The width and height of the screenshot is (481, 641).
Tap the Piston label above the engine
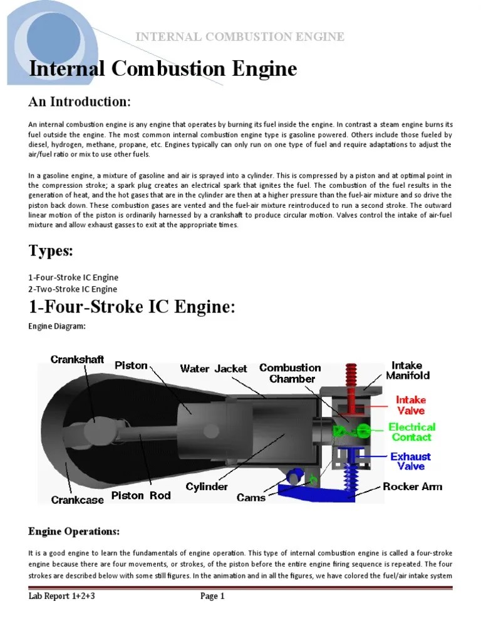coord(132,365)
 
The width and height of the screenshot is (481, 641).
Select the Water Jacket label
coord(214,369)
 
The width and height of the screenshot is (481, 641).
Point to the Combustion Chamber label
coord(290,373)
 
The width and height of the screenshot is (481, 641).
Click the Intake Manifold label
coord(408,370)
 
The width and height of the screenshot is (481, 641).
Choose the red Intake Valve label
coord(410,405)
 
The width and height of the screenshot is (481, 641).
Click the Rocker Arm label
coord(412,486)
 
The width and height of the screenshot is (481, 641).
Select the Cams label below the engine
coord(251,498)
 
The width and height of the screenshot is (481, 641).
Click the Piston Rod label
coord(137,496)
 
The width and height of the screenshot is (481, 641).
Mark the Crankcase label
coord(78,500)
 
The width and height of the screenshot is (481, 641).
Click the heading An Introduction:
coord(80,102)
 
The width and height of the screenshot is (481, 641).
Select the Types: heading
coord(51,251)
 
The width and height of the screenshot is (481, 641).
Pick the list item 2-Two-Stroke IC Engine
coord(73,289)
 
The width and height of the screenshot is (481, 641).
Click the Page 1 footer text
coord(212,596)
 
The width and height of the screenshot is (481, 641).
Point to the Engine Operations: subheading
coord(74,531)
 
